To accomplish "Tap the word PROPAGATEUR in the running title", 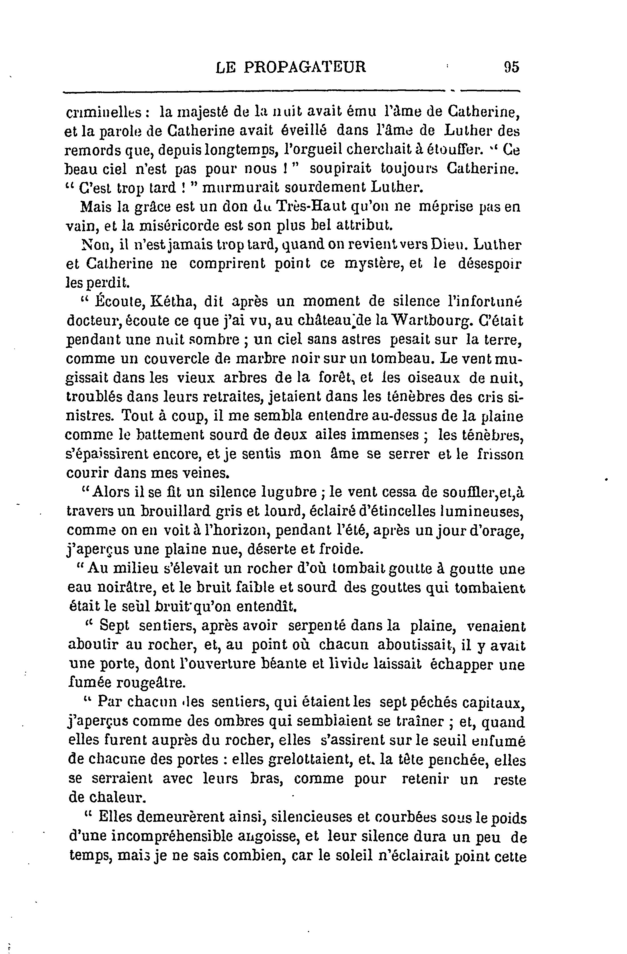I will coord(305,67).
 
